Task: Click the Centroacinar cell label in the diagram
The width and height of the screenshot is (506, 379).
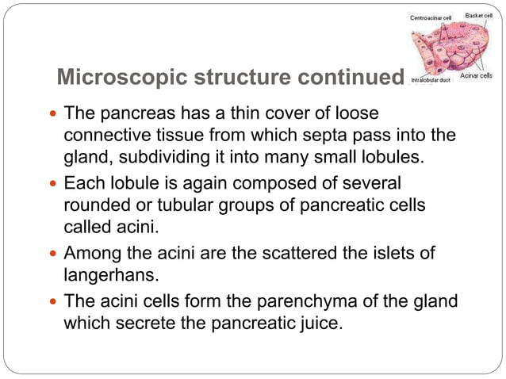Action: [x=431, y=16]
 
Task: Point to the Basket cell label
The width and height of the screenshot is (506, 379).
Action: [x=479, y=15]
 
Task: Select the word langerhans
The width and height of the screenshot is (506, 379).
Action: [x=105, y=276]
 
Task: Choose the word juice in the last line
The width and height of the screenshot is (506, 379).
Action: [x=324, y=323]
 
